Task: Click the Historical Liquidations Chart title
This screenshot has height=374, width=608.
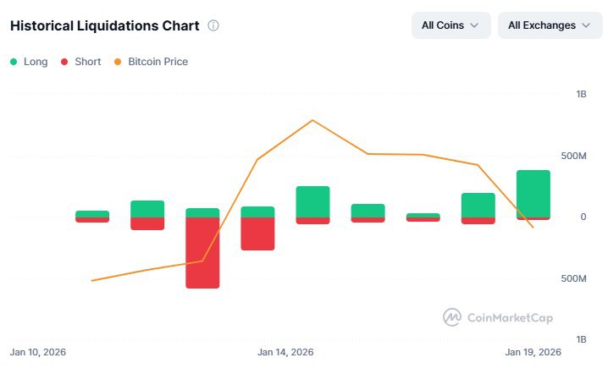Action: click(104, 25)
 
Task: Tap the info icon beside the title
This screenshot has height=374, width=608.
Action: click(213, 25)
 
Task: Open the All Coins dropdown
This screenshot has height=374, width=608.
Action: click(450, 25)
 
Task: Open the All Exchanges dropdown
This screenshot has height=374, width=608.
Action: click(548, 25)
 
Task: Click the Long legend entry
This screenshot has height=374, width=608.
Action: click(29, 62)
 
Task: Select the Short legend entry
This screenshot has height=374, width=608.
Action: click(81, 62)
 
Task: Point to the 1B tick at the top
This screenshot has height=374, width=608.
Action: click(580, 95)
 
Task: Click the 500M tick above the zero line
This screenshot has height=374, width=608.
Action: click(573, 157)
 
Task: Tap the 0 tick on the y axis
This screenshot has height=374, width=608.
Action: click(583, 217)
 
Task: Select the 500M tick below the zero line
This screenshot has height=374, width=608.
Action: click(573, 278)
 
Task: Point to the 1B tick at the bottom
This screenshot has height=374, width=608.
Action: click(580, 339)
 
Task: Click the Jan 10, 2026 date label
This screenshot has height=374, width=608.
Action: click(37, 352)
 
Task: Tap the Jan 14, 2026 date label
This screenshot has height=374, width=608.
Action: click(285, 352)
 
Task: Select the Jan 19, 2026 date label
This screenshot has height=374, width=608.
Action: click(533, 352)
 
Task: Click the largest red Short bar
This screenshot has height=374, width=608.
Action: click(202, 253)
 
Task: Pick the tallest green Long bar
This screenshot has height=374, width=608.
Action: click(533, 193)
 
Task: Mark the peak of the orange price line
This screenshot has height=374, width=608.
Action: click(312, 120)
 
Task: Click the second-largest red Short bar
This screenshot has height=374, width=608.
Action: click(257, 234)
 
